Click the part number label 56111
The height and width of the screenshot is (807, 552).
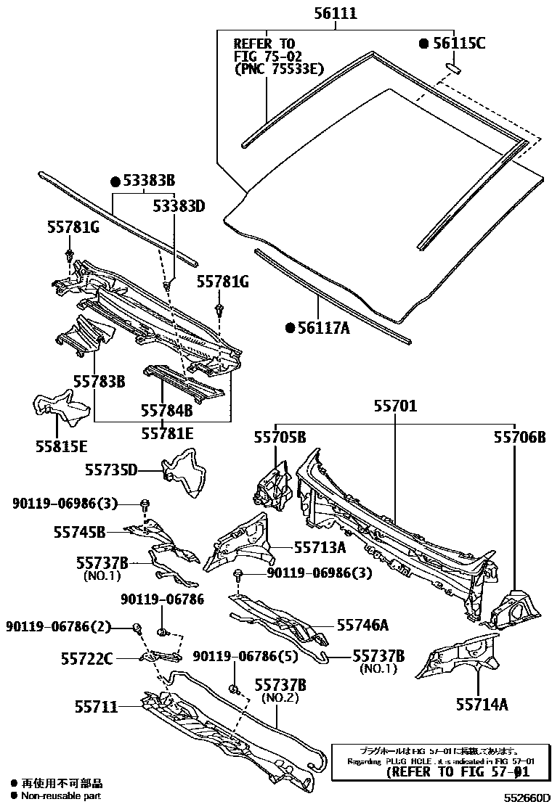tap(336, 14)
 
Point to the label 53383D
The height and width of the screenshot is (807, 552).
tap(179, 206)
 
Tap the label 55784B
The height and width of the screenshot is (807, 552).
tap(167, 410)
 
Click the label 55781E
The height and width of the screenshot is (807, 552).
tap(167, 433)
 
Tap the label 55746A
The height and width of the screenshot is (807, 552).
tap(362, 625)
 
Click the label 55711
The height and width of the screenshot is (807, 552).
tap(96, 706)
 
